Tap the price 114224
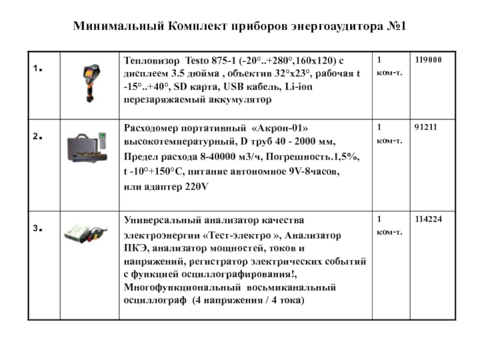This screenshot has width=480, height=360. [428, 219]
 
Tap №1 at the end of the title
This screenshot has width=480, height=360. [396, 27]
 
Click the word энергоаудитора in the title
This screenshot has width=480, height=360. [328, 27]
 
